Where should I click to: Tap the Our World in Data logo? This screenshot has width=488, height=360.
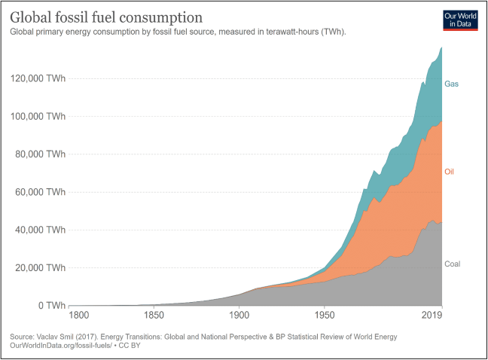(460, 20)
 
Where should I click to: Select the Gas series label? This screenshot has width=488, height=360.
(451, 84)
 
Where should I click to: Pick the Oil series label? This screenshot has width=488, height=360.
(449, 172)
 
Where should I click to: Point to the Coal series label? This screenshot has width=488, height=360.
(452, 264)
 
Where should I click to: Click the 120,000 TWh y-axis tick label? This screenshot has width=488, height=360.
(38, 78)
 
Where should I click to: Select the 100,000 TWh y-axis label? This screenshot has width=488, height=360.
(38, 116)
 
